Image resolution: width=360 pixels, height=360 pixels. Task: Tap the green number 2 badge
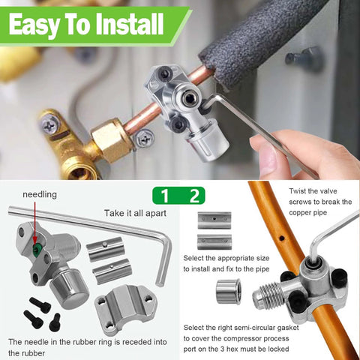point(193,196)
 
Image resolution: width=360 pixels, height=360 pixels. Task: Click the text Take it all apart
point(131,213)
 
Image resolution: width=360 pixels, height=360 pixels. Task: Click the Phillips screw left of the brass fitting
point(50,122)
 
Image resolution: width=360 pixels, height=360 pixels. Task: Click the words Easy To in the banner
point(43,25)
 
